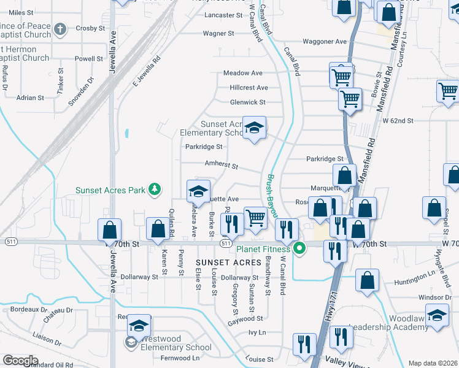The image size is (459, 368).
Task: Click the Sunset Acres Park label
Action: pyautogui.click(x=110, y=190)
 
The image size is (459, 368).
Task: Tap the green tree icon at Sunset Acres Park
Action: pyautogui.click(x=156, y=189)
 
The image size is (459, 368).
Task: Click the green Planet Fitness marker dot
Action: pyautogui.click(x=299, y=248)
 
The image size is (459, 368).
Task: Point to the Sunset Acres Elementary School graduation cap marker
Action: pyautogui.click(x=254, y=129)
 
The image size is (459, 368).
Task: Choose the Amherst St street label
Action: pyautogui.click(x=220, y=166)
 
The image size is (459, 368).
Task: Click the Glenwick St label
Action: pyautogui.click(x=247, y=102)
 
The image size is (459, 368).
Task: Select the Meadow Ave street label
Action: pyautogui.click(x=242, y=73)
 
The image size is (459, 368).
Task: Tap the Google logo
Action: pyautogui.click(x=20, y=360)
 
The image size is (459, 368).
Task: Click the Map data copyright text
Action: pyautogui.click(x=432, y=363)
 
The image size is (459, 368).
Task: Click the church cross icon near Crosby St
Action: pyautogui.click(x=60, y=28)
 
